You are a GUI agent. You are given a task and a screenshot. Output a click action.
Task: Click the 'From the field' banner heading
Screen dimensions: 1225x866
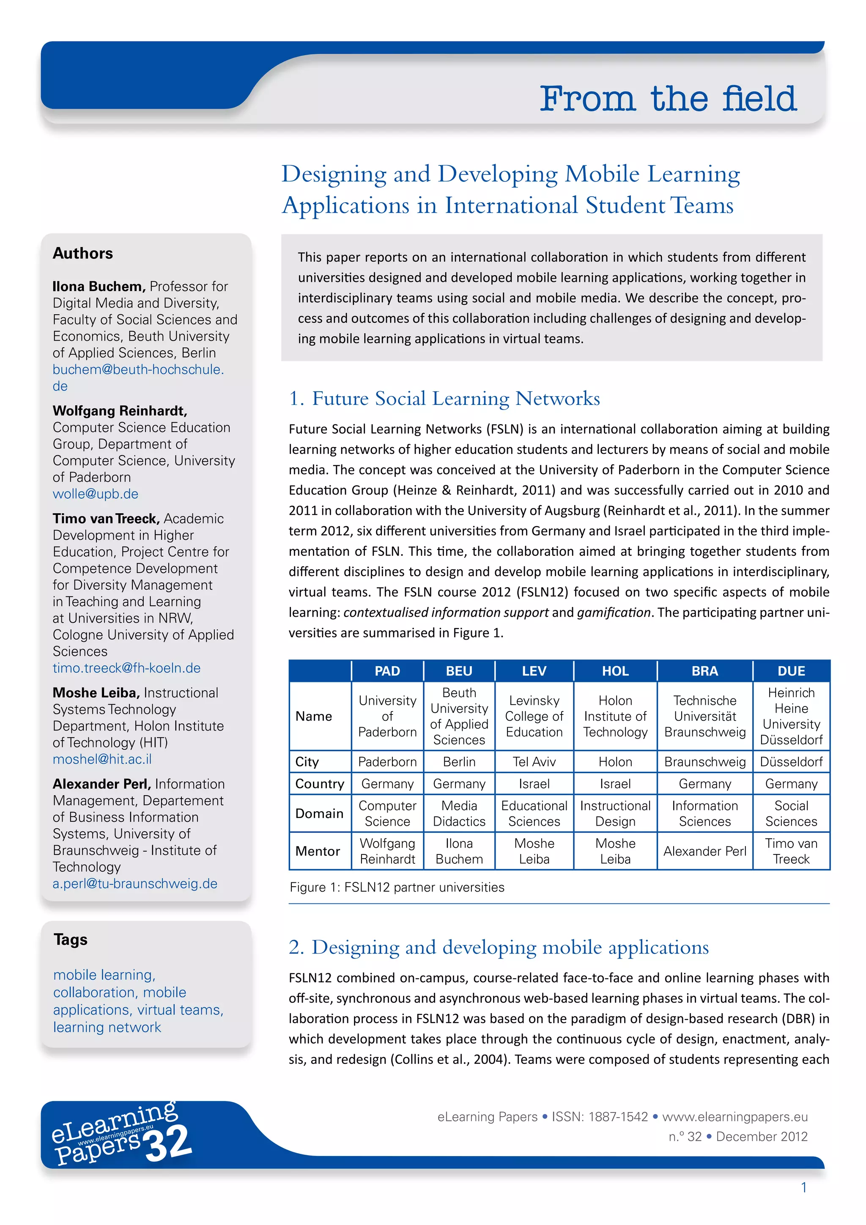click(x=668, y=99)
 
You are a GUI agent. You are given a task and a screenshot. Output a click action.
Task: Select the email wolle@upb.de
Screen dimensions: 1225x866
click(x=96, y=494)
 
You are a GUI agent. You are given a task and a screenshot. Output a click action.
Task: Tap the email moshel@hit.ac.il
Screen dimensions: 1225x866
click(x=102, y=759)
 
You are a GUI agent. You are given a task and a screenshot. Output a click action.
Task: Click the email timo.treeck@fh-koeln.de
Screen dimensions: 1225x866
click(x=126, y=668)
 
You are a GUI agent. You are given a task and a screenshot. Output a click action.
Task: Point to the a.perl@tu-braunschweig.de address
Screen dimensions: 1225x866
click(x=135, y=884)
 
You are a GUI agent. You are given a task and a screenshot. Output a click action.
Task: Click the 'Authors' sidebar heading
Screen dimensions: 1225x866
click(x=82, y=253)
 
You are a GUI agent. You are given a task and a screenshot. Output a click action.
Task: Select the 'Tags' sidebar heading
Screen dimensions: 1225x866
click(x=70, y=939)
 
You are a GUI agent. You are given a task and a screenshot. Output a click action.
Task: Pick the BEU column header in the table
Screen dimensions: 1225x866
click(x=459, y=671)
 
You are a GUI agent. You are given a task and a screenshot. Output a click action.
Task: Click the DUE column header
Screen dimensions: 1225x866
click(x=791, y=671)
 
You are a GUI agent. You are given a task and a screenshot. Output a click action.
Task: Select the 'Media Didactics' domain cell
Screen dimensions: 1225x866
click(x=459, y=814)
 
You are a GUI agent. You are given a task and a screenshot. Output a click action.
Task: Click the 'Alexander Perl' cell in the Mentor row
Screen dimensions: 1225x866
click(x=704, y=851)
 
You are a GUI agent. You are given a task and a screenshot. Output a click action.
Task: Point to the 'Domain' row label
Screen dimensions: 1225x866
click(x=319, y=814)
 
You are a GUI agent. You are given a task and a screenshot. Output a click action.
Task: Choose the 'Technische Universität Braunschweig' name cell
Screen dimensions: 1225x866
click(x=704, y=717)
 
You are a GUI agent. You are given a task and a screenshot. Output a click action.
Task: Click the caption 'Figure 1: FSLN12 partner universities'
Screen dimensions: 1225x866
click(x=397, y=887)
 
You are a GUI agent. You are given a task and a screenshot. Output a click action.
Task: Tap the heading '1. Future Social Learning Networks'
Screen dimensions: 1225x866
click(x=444, y=398)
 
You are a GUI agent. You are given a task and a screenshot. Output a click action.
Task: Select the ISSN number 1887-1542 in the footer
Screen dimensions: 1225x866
click(x=618, y=1117)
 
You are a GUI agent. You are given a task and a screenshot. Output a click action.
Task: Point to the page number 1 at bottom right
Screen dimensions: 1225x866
click(x=803, y=1188)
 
